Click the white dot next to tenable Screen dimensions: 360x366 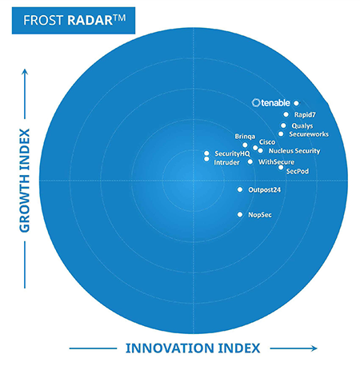coord(296,103)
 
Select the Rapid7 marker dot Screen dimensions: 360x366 coord(286,114)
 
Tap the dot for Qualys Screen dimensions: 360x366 coord(283,125)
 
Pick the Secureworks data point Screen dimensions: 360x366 coord(281,134)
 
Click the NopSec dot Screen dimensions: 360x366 coord(240,214)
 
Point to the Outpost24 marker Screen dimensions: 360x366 coord(240,189)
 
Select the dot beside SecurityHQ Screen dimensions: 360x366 coord(206,153)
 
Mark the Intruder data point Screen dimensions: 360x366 coord(206,159)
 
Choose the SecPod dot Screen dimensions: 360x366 coord(281,167)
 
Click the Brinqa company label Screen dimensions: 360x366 coord(245,137)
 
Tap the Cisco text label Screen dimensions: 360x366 coord(267,142)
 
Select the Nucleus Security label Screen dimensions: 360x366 coord(294,151)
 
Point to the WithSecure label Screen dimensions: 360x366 coord(276,162)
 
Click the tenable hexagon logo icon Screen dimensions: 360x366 coord(256,103)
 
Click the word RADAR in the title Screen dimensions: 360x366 coord(90,21)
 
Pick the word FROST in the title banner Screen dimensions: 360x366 coord(43,21)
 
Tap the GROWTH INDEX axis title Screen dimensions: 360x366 coord(25,181)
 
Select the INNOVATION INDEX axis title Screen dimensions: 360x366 coord(193,348)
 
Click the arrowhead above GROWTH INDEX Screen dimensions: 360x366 coord(25,71)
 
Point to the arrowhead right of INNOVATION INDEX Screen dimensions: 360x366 coord(314,348)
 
